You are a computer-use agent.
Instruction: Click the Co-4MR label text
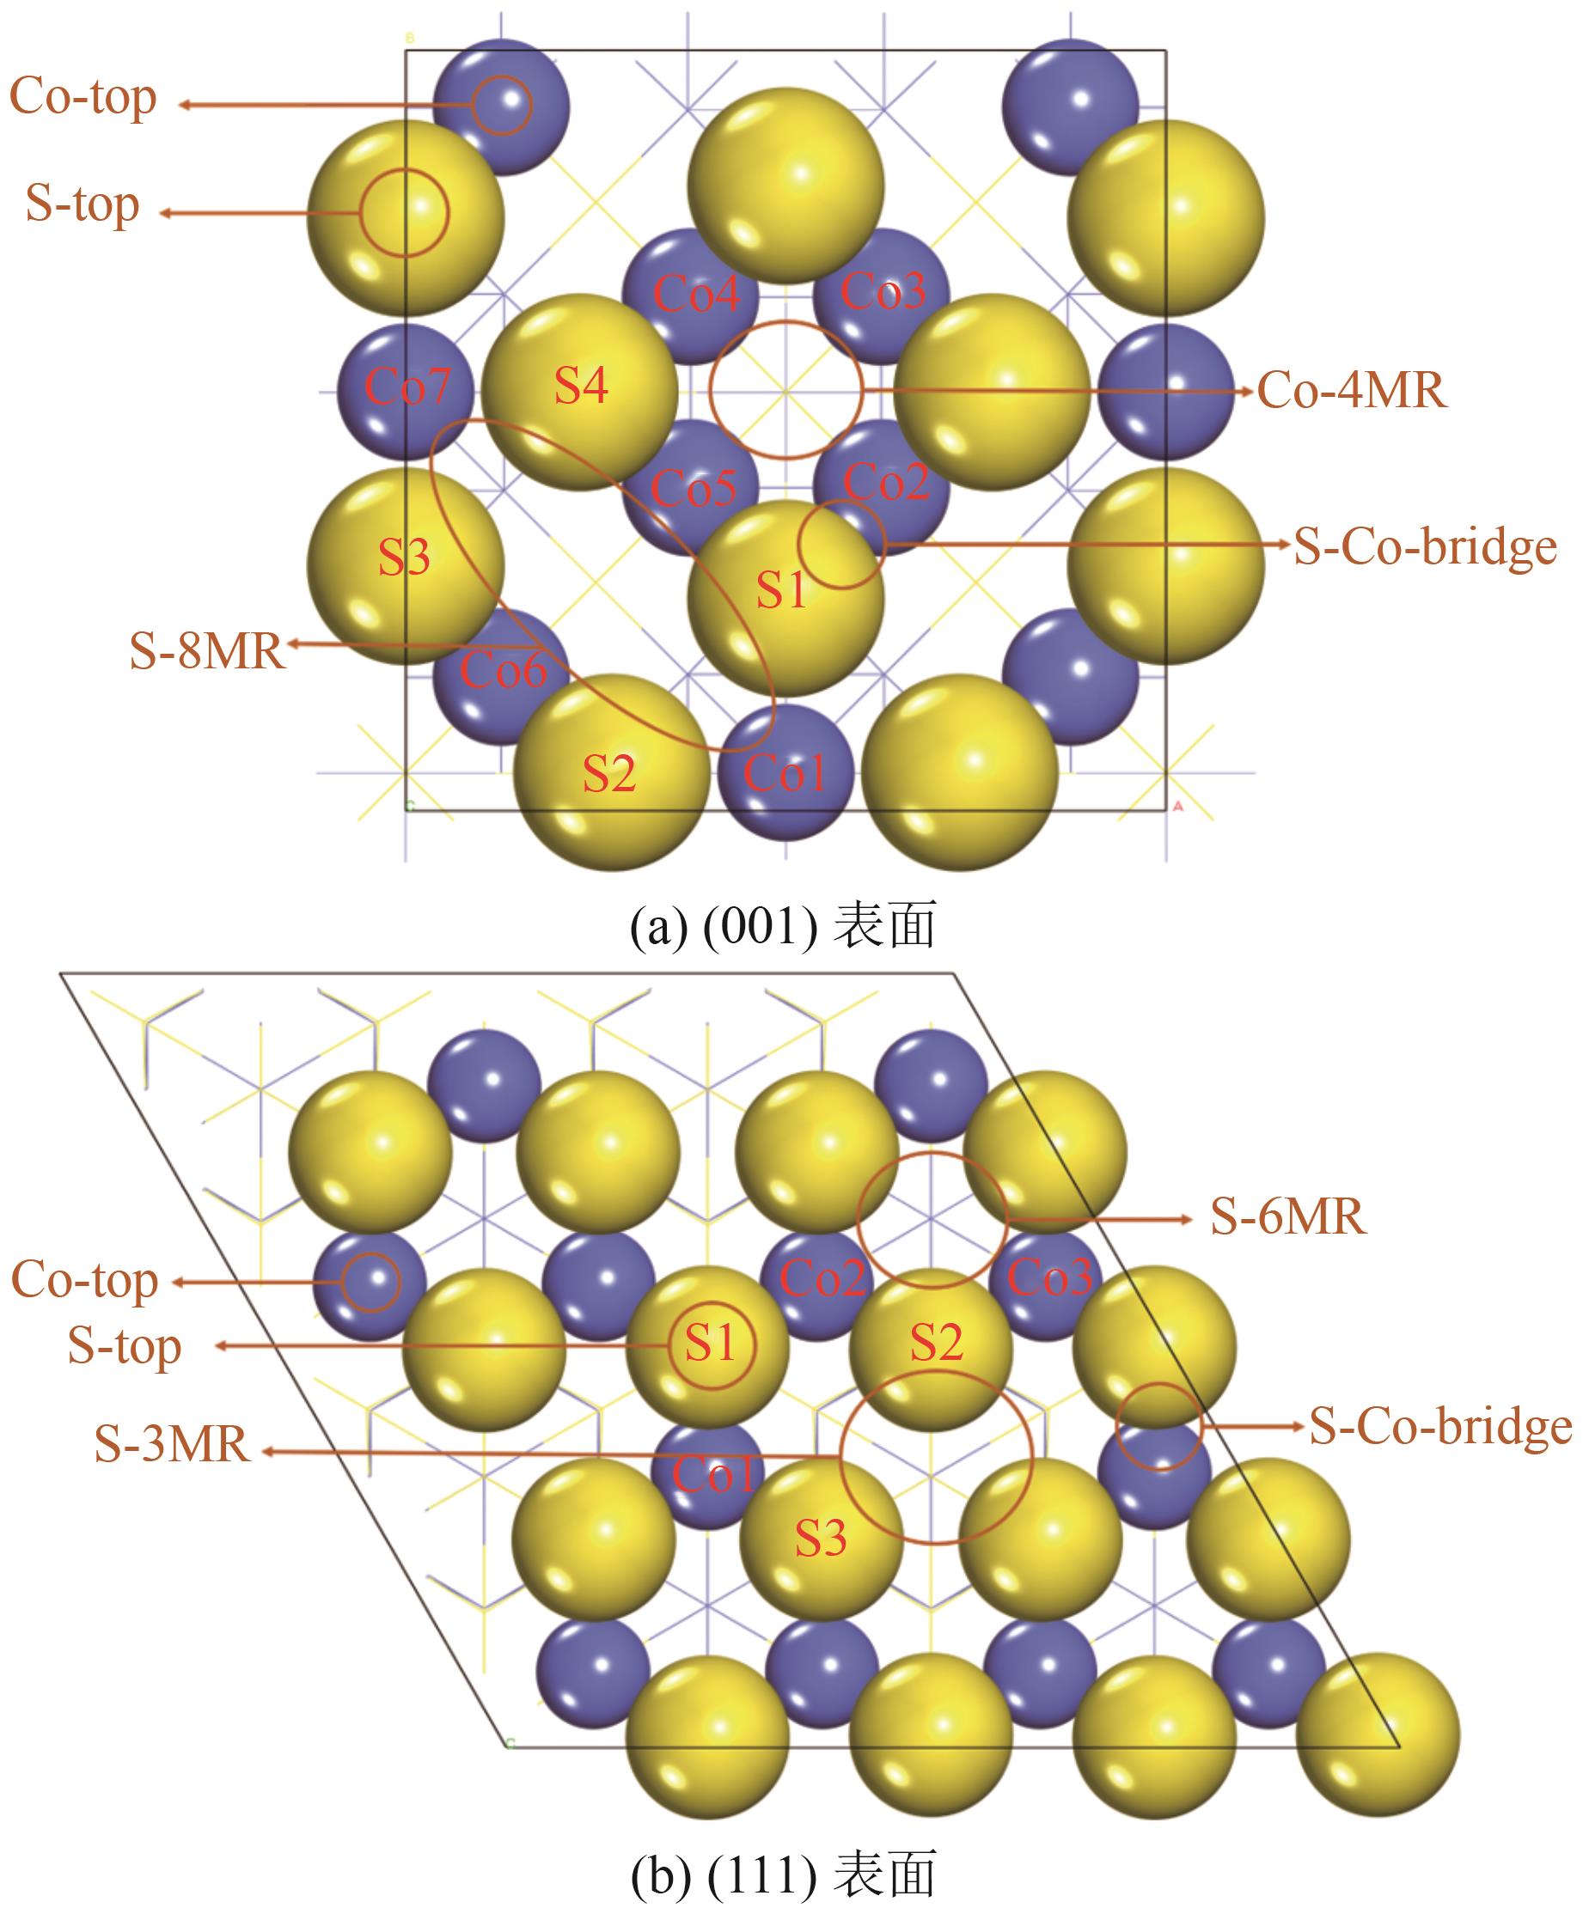pos(1351,391)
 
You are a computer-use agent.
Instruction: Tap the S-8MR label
pos(207,651)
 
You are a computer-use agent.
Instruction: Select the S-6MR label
pos(1287,1216)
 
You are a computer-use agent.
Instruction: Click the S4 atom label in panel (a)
pos(581,385)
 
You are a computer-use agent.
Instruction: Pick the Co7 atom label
pos(406,387)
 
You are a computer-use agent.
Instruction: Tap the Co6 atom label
pos(503,671)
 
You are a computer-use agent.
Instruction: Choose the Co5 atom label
pos(693,489)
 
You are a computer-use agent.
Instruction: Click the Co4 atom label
pos(696,294)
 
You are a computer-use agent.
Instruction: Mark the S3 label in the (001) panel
pos(404,557)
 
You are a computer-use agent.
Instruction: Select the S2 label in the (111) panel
pos(937,1342)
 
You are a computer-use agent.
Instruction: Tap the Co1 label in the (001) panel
pos(785,774)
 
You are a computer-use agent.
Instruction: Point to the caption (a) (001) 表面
pos(782,926)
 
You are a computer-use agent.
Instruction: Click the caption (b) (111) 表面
pos(782,1874)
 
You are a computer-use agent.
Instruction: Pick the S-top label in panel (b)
pos(125,1347)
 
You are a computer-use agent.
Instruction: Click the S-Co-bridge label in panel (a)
pos(1424,547)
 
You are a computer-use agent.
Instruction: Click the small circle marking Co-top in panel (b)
pos(371,1282)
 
